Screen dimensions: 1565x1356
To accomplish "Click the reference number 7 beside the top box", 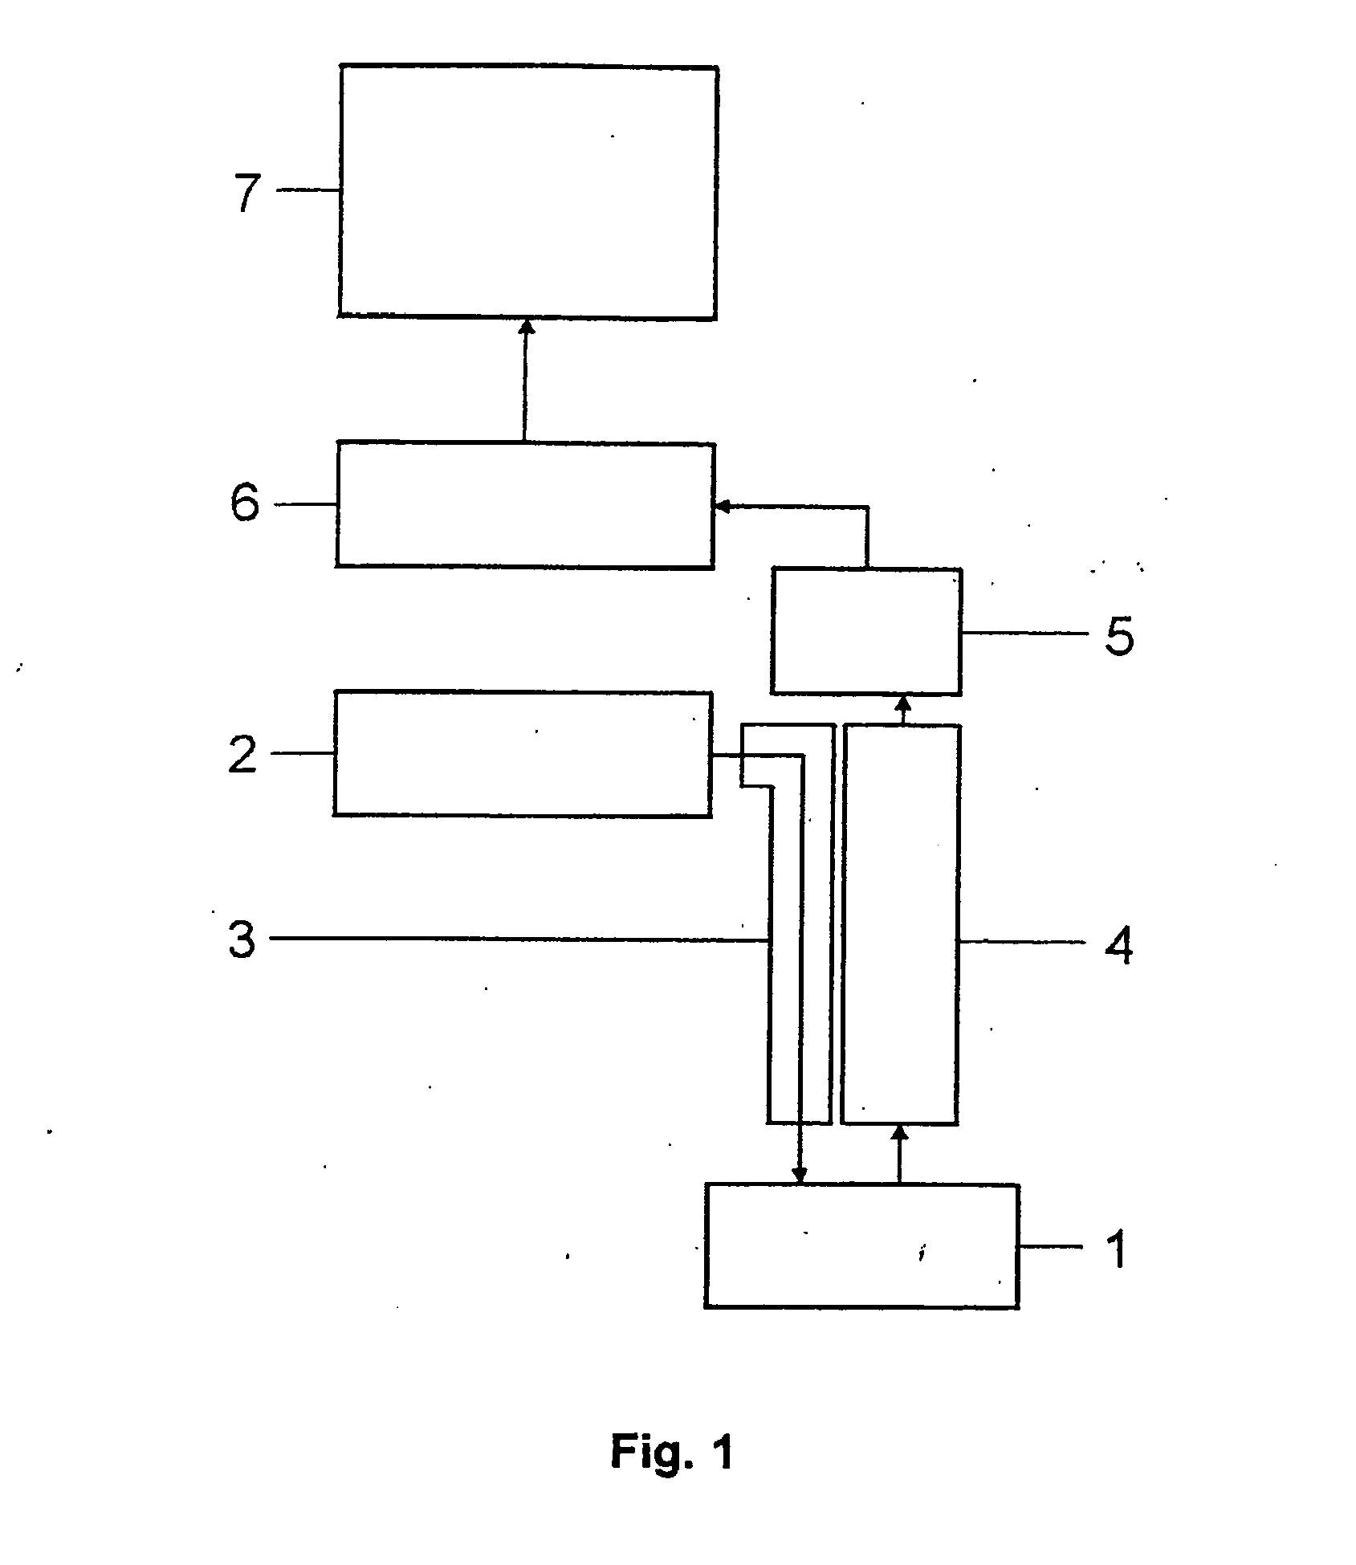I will pyautogui.click(x=247, y=193).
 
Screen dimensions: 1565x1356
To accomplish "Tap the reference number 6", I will pyautogui.click(x=246, y=504).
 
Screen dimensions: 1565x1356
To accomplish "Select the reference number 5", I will pyautogui.click(x=1118, y=638).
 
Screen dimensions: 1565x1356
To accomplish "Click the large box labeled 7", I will pyautogui.click(x=527, y=192).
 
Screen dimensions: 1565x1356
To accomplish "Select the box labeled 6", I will pyautogui.click(x=524, y=505).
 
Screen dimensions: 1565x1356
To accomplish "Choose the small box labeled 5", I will pyautogui.click(x=865, y=631).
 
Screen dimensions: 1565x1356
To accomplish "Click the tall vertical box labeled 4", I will pyautogui.click(x=899, y=923).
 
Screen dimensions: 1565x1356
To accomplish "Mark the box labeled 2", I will pyautogui.click(x=523, y=754).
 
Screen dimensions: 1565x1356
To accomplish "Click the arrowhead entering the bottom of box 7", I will pyautogui.click(x=527, y=326).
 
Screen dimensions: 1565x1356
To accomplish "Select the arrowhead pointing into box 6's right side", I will pyautogui.click(x=721, y=506).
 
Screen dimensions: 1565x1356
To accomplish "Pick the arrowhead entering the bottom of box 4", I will pyautogui.click(x=899, y=1131).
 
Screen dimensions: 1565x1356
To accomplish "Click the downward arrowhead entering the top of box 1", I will pyautogui.click(x=800, y=1176).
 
